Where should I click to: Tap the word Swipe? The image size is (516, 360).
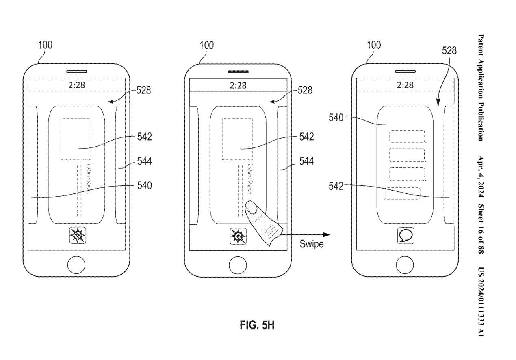tap(311, 245)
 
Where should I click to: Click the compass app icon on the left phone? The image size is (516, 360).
tap(76, 236)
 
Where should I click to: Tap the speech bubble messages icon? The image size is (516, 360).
tap(405, 236)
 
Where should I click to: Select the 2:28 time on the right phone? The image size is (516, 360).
tap(405, 85)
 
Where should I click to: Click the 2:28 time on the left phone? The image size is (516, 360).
tap(76, 85)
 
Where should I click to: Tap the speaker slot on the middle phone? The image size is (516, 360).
tap(238, 72)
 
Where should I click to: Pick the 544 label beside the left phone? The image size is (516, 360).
tap(144, 162)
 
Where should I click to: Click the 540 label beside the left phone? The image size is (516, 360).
tap(144, 186)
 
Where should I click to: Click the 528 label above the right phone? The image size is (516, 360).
tap(449, 51)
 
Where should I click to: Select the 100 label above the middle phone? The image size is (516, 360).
tap(206, 45)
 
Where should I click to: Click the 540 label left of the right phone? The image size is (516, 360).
tap(336, 118)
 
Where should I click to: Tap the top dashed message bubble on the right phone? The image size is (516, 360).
tap(407, 136)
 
